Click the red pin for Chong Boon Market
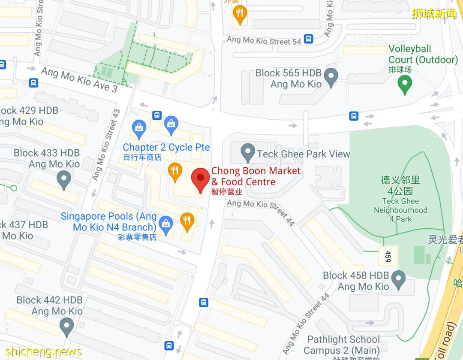click(200, 180)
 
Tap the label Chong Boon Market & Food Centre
click(256, 176)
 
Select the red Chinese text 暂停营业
click(227, 192)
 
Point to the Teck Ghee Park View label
click(304, 154)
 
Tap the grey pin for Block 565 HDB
click(331, 77)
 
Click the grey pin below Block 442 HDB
click(66, 327)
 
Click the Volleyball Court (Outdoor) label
click(423, 54)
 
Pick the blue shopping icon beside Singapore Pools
click(165, 223)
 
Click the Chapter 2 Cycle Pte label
click(166, 147)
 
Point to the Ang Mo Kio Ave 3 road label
click(79, 79)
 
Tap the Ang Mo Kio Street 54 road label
click(264, 40)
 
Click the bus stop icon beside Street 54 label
click(308, 39)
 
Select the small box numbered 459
click(388, 256)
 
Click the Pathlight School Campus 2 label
click(343, 345)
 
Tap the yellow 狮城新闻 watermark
click(434, 14)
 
